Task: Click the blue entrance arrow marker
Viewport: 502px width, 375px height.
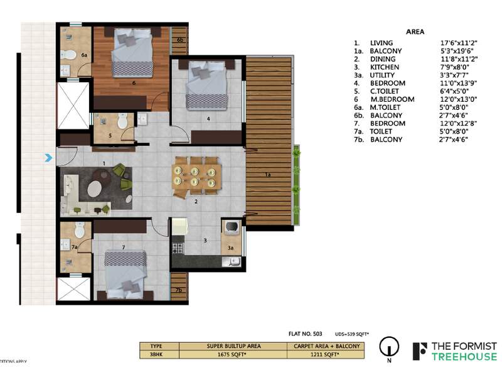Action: point(48,158)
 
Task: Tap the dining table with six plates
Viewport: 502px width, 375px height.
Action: point(196,175)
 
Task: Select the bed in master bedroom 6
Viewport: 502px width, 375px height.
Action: point(132,53)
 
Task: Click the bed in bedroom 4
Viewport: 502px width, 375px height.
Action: point(206,88)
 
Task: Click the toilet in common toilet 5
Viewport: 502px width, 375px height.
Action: point(122,120)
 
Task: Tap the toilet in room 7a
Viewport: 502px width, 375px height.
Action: point(79,230)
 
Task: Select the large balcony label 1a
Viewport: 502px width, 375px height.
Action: point(268,175)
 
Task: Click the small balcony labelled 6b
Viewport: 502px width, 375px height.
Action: point(180,41)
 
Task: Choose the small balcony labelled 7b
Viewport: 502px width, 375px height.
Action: point(179,290)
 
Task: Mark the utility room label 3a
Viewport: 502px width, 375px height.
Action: point(231,248)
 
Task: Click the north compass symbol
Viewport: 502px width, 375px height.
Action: point(389,347)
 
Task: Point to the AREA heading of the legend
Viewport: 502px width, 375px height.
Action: point(415,31)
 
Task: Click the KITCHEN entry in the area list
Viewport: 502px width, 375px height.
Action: point(383,67)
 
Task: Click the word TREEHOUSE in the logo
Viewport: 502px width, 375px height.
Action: point(464,357)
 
